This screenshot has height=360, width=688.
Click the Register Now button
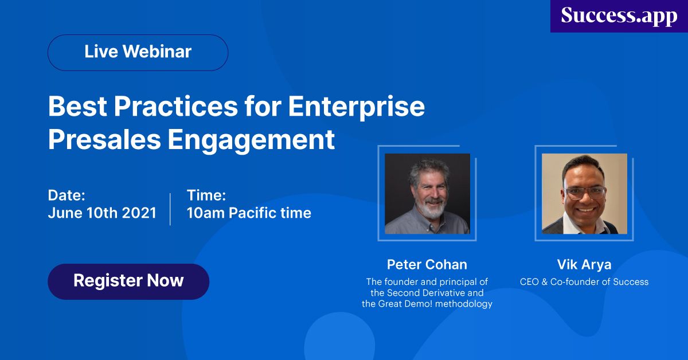click(x=128, y=281)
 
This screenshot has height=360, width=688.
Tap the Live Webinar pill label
click(x=138, y=52)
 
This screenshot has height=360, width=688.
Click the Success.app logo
click(x=619, y=16)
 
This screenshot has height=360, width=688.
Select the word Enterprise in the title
click(x=357, y=107)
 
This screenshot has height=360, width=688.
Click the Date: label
click(x=67, y=195)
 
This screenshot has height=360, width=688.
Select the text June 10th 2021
click(x=102, y=213)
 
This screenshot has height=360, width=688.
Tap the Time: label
click(x=206, y=195)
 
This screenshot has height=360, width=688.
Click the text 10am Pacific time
click(x=249, y=213)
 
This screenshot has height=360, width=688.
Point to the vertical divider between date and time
click(x=170, y=209)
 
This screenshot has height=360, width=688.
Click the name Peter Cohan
click(x=427, y=264)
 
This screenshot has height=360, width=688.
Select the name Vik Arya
click(x=584, y=264)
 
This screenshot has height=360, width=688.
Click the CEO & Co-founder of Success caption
click(x=584, y=281)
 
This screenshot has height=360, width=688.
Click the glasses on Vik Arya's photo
click(x=585, y=192)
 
